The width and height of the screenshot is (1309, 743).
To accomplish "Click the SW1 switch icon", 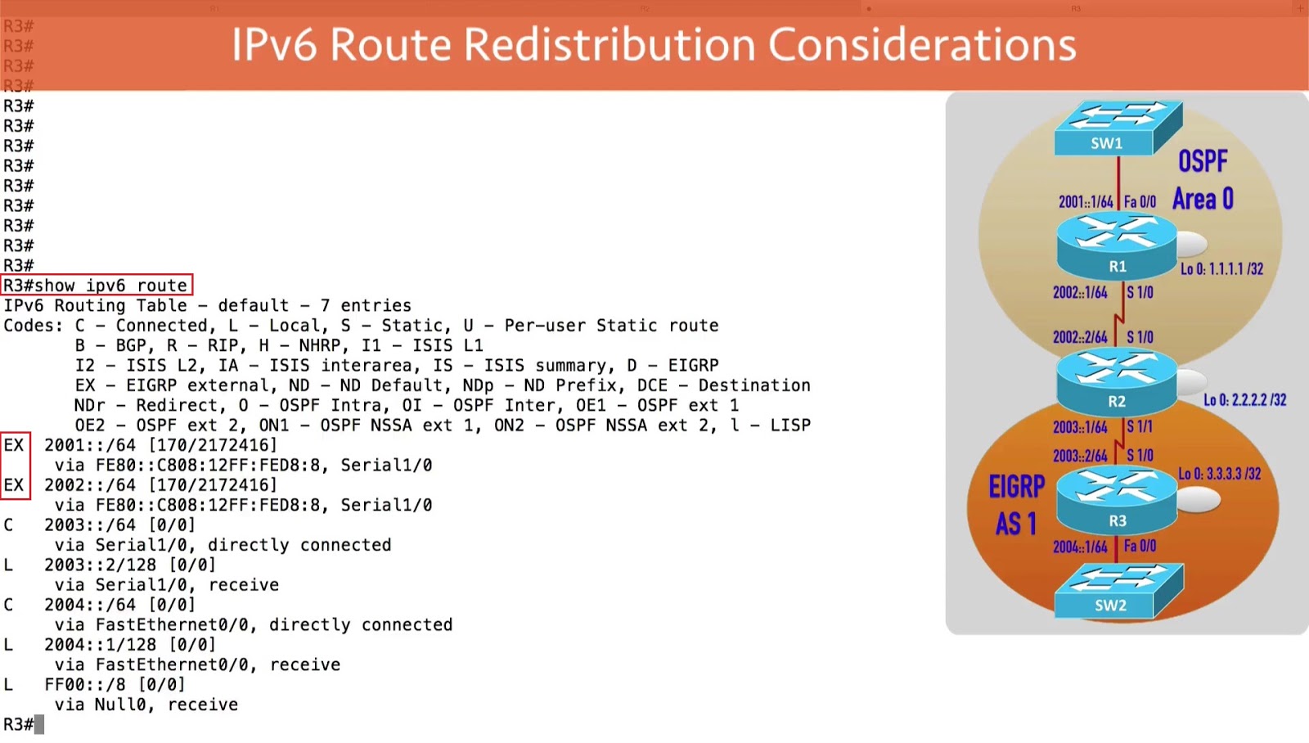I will (1118, 127).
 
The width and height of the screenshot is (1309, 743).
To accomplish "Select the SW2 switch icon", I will (1118, 590).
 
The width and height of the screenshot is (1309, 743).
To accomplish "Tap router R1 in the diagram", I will (1117, 245).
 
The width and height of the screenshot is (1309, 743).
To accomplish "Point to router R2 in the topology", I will (1117, 381).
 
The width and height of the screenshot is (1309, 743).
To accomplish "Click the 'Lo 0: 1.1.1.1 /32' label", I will (1221, 269).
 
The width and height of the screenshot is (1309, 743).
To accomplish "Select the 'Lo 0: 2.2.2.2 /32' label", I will (1244, 400).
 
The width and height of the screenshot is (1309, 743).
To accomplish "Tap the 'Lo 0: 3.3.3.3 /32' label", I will (1219, 474).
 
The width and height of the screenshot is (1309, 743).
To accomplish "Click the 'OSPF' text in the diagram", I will (1203, 161).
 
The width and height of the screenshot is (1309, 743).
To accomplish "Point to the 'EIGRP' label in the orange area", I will (1017, 487).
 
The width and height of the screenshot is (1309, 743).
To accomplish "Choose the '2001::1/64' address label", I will (1086, 202).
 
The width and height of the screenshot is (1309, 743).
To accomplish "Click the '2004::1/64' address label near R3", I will (1080, 547).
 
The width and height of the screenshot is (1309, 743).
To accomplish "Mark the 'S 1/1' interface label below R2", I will (1140, 426).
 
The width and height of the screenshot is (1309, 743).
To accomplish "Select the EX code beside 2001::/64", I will (14, 445).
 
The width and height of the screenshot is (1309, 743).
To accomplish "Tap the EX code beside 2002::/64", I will (14, 485).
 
